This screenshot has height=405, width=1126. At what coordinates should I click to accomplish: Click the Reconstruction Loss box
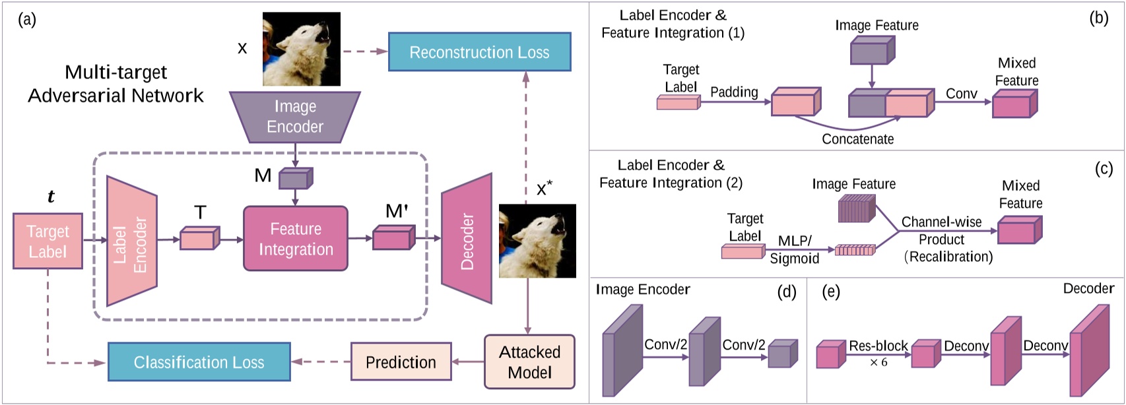tap(479, 52)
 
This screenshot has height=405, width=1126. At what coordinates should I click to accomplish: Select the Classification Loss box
tap(199, 362)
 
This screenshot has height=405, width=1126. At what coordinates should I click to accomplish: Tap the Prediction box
tap(401, 362)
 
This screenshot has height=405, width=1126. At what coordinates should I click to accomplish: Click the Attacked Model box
tap(529, 362)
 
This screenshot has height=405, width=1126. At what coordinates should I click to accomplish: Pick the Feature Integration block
tap(295, 239)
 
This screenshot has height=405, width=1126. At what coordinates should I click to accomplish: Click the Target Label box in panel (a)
tap(48, 241)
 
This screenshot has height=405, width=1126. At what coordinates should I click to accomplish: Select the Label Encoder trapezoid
tap(131, 241)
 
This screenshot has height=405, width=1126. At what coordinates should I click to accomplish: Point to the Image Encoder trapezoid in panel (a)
tap(295, 117)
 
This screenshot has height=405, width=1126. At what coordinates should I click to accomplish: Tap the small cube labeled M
tap(294, 178)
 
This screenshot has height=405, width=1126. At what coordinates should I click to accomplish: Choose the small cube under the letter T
tap(199, 238)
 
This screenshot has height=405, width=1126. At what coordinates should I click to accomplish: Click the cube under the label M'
tap(393, 238)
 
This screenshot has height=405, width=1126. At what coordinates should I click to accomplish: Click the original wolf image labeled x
tap(302, 49)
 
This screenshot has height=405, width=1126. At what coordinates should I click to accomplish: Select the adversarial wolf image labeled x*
tap(537, 241)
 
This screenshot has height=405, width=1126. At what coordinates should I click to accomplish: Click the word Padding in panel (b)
tap(734, 92)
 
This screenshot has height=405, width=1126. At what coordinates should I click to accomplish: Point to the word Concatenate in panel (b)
tap(857, 139)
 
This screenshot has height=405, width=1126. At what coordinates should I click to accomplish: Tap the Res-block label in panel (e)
tap(878, 346)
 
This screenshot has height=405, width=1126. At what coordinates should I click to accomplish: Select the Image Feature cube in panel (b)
tap(872, 50)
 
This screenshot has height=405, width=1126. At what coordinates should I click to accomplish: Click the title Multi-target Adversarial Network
tap(116, 84)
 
